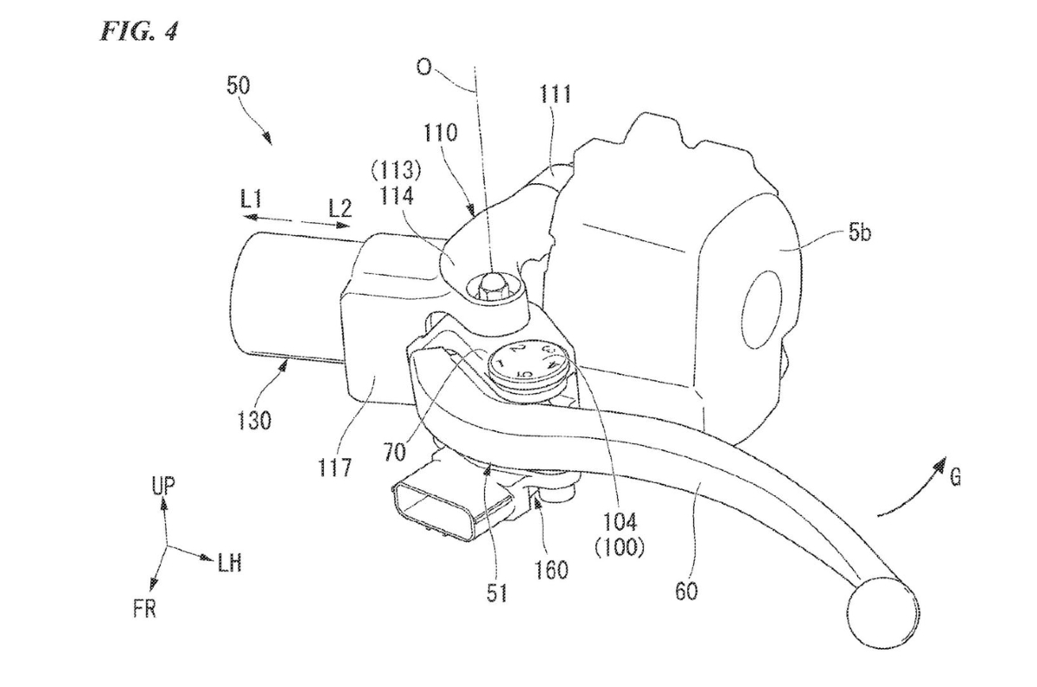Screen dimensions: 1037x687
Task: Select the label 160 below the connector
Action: (x=551, y=569)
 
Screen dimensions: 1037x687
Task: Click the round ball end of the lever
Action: (x=881, y=613)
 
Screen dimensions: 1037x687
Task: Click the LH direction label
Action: (x=229, y=565)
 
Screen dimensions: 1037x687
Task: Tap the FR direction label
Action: (x=144, y=611)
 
